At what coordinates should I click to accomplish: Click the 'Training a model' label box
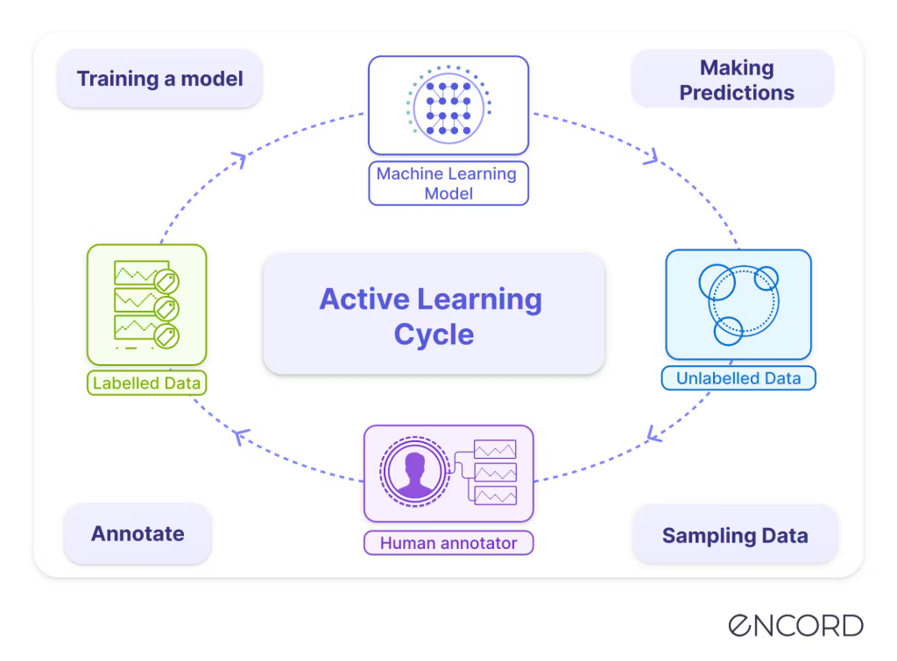coord(159,79)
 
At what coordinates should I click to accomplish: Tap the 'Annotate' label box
coord(138,533)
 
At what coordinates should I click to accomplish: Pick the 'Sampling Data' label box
coord(734,535)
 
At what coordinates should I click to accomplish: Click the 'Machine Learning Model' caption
coord(448,183)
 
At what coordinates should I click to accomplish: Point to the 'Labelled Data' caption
coord(146,383)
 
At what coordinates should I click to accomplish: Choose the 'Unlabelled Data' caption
coord(738,378)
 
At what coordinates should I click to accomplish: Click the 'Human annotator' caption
coord(448,543)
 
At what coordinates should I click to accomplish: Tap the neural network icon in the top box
coord(448,105)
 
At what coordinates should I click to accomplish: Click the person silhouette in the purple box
coord(413,474)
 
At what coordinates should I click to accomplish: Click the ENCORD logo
coord(795,625)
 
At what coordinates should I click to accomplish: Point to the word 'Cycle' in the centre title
coord(434,334)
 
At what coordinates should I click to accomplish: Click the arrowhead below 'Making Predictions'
coord(650,158)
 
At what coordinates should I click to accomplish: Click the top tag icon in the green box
coord(166,281)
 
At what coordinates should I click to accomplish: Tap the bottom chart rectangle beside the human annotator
coord(495,496)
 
